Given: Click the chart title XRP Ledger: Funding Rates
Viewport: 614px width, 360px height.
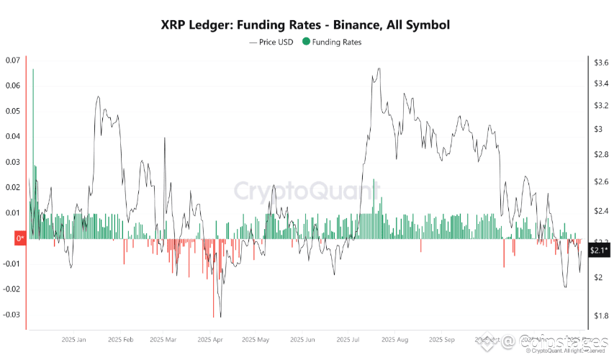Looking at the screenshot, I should coord(306,25).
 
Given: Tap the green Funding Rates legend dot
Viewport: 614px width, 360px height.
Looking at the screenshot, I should coord(307,42).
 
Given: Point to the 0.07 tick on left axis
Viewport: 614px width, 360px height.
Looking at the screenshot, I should coord(12,60).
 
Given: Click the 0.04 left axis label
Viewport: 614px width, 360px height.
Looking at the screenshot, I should coord(12,137).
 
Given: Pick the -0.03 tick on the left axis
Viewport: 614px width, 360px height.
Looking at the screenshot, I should coord(12,315).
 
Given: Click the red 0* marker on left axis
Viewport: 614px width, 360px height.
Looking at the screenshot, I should coord(19,238).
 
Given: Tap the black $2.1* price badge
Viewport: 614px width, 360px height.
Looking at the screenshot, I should coord(599,251).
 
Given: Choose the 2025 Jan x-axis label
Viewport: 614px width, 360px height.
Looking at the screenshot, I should coord(74,339).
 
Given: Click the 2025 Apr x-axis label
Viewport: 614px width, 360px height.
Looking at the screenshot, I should coord(211,339).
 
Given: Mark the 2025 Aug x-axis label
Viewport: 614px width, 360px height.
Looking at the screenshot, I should coord(394,339).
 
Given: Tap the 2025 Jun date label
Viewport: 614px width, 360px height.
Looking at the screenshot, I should coord(302,339).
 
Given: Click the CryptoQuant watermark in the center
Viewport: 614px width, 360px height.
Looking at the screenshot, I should coord(306,191).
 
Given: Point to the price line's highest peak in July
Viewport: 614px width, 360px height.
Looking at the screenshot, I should coord(379,69).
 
